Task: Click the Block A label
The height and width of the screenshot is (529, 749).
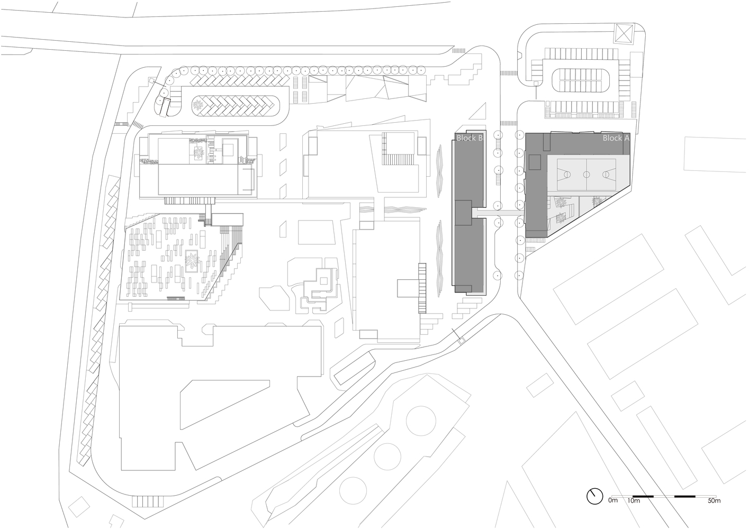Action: coord(616,138)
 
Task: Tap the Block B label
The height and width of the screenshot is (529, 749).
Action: coord(469,139)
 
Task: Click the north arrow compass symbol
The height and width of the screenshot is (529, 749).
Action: coord(594,496)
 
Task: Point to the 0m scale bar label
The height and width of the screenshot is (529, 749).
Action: coord(613,500)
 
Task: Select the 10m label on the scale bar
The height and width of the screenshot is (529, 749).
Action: coord(634,500)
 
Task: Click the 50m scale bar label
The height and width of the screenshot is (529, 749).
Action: coord(714,500)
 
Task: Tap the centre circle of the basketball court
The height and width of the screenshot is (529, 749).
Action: coord(586,174)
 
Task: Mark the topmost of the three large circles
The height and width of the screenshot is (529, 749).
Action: coord(421,420)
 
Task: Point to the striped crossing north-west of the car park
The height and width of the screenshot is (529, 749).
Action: coord(509,72)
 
